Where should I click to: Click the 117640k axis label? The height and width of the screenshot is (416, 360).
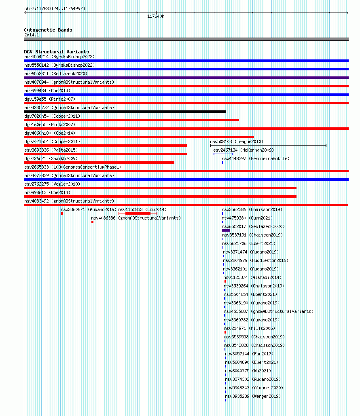click(x=156, y=17)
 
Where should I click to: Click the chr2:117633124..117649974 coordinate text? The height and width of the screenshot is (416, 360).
click(x=55, y=8)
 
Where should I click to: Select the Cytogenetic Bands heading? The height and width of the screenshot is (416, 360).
click(x=48, y=30)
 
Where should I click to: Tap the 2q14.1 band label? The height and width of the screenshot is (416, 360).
click(x=32, y=35)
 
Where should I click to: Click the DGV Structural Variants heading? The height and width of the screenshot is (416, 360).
click(x=57, y=52)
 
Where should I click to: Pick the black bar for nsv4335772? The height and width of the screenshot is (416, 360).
click(x=125, y=112)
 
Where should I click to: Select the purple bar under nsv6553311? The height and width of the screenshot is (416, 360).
click(x=186, y=78)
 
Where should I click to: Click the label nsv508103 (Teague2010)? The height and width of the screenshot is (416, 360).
click(x=237, y=141)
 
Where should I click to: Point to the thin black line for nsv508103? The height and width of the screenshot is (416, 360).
click(x=269, y=146)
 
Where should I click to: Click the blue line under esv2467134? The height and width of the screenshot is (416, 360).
click(x=223, y=154)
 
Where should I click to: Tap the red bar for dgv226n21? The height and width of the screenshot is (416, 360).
click(x=99, y=163)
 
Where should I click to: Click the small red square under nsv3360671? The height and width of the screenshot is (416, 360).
click(x=62, y=213)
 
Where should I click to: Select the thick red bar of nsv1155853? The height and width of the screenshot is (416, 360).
click(x=138, y=213)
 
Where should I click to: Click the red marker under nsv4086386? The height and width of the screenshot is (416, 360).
click(x=92, y=222)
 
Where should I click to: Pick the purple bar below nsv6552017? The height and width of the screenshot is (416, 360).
click(x=226, y=230)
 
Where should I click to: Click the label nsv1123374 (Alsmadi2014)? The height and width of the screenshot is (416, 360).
click(x=252, y=277)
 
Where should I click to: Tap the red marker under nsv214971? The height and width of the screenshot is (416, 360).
click(x=225, y=332)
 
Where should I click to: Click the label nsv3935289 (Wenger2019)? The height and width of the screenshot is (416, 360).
click(x=253, y=396)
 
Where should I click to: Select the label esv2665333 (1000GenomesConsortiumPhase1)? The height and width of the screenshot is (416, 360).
click(x=73, y=167)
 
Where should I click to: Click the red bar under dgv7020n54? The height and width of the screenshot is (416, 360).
click(x=131, y=120)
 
